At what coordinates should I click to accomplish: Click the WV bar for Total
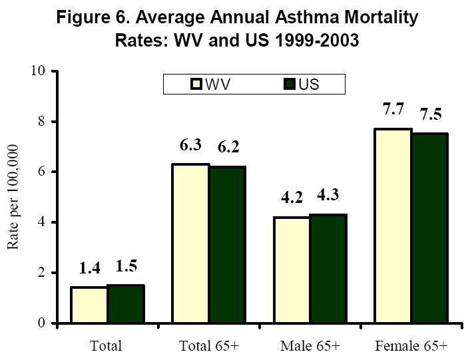click(89, 305)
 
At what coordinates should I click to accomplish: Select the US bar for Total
click(126, 304)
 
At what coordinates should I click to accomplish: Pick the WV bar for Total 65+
click(190, 244)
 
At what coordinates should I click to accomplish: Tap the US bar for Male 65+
click(328, 269)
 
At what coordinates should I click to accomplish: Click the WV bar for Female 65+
click(392, 226)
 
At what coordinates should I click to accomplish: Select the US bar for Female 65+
click(429, 228)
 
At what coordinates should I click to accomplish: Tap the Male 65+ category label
click(310, 346)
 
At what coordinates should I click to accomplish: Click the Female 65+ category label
click(411, 346)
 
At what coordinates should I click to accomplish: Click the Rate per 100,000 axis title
click(13, 197)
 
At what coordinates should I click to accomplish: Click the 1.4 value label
click(91, 270)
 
